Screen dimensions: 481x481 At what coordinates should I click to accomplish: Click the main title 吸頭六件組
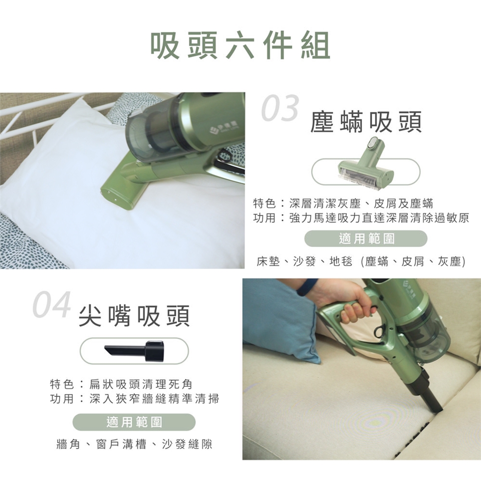(241, 46)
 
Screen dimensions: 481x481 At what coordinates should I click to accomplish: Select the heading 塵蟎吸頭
(366, 122)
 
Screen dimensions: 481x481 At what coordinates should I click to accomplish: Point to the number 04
(52, 304)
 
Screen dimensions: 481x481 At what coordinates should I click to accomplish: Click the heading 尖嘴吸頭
(134, 316)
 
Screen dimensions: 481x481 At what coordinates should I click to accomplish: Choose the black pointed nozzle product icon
(132, 350)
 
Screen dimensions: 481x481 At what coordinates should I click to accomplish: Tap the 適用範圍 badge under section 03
(366, 238)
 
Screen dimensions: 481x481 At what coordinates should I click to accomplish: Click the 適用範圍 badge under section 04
(134, 422)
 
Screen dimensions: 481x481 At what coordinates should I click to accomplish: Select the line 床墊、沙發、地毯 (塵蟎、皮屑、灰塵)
(361, 262)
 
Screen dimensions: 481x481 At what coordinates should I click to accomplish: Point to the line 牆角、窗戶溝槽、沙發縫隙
(134, 444)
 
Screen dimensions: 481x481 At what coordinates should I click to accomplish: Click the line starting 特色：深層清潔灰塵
(343, 203)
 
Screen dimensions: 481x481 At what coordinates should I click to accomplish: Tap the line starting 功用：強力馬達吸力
(361, 218)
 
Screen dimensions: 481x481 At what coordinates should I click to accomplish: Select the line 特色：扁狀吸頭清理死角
(121, 384)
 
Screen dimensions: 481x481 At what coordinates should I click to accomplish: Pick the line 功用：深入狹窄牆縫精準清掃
(134, 399)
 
